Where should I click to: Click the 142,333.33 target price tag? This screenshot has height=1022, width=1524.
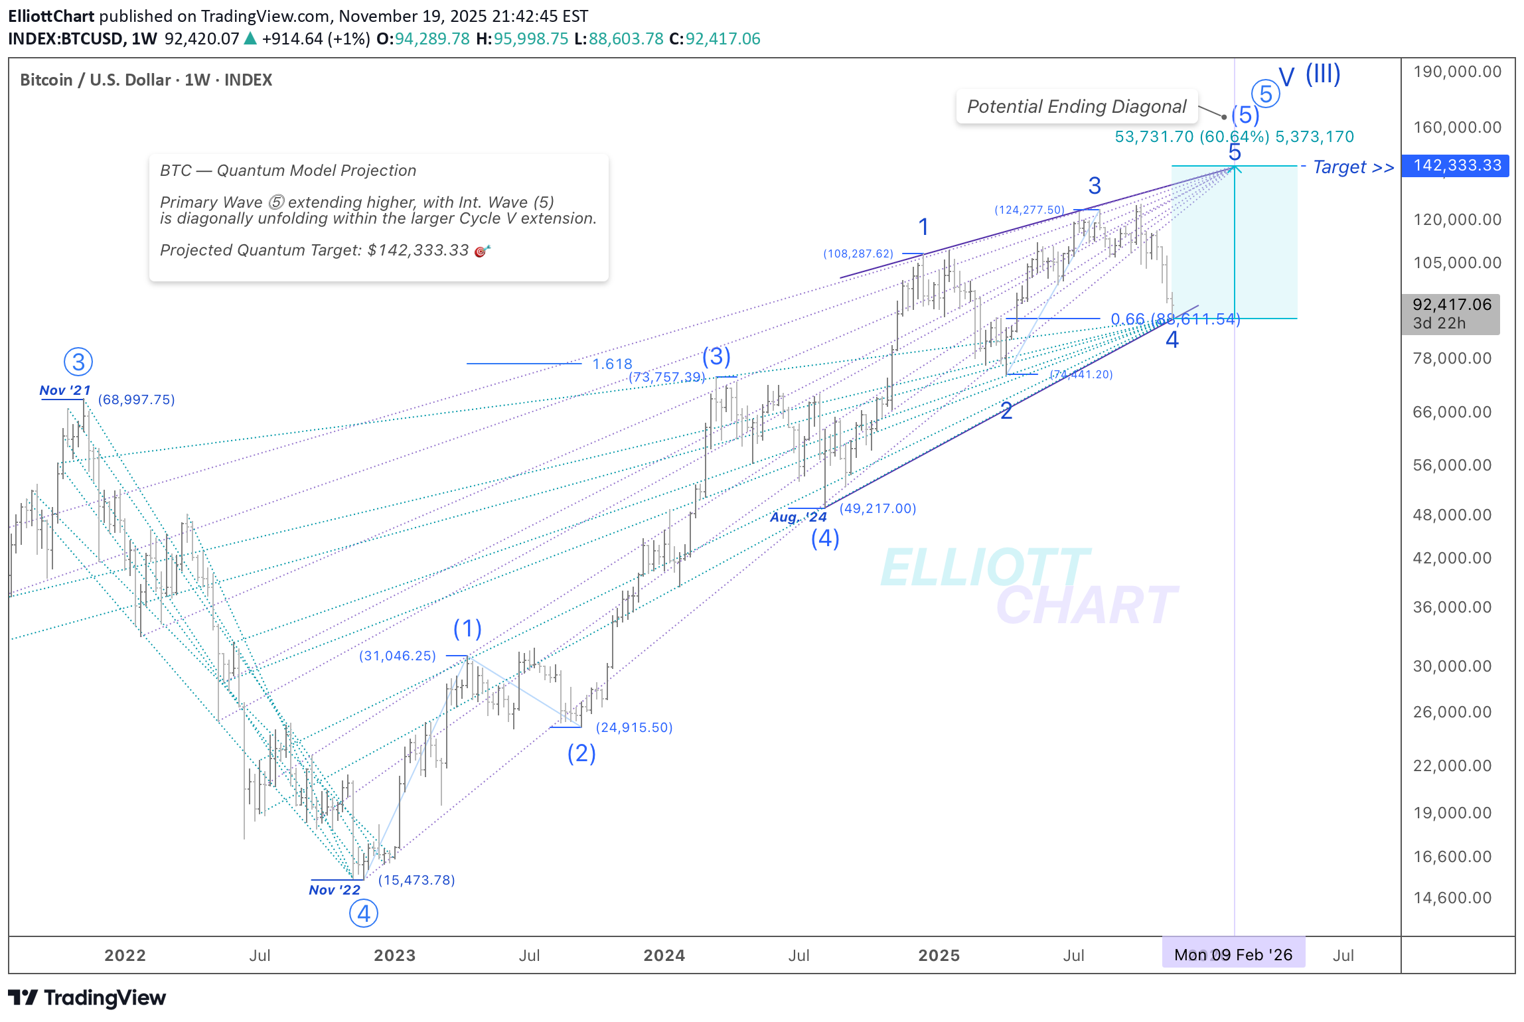[x=1456, y=165]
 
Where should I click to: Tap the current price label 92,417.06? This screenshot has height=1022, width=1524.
[x=1451, y=305]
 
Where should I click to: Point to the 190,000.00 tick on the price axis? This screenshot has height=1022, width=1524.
[x=1457, y=72]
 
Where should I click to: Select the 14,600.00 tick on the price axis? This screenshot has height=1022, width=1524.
[x=1452, y=898]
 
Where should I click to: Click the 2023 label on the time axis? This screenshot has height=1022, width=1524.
[x=394, y=955]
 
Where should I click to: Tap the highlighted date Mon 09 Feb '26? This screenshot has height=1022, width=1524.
[x=1233, y=955]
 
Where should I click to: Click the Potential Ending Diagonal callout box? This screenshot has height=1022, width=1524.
[x=1076, y=107]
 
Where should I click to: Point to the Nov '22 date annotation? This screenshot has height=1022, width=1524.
[x=335, y=890]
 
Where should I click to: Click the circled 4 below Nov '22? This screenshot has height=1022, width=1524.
[x=364, y=914]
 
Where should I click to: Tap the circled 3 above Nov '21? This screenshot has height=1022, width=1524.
[x=78, y=362]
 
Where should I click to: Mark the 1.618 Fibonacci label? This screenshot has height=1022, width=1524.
[x=612, y=364]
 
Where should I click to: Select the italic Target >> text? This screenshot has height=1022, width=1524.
[x=1353, y=167]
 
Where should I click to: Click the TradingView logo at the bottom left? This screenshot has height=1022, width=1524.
[x=87, y=997]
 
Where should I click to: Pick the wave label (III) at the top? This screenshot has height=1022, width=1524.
[x=1323, y=74]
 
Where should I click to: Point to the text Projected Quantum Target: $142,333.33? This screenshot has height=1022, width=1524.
[x=315, y=250]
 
